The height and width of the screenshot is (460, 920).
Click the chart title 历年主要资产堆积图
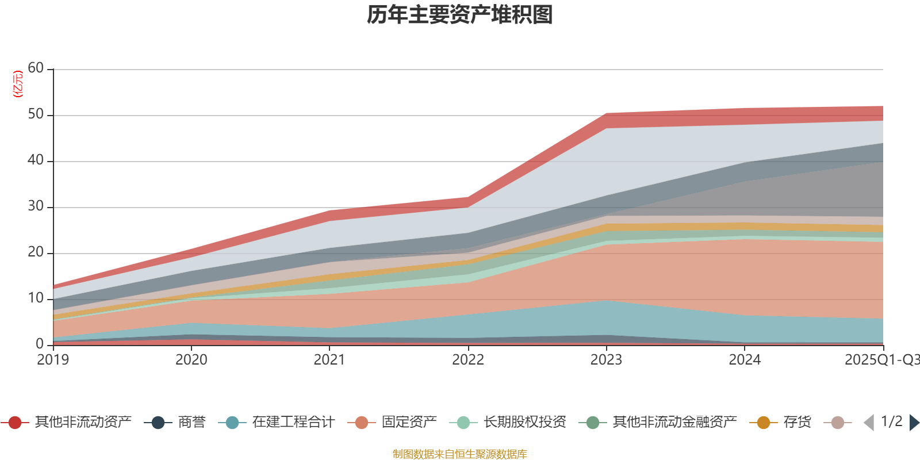pos(460,15)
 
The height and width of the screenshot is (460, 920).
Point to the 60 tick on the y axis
pos(36,68)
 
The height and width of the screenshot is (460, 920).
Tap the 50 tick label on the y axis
pos(36,114)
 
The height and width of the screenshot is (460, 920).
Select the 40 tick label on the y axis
pos(36,160)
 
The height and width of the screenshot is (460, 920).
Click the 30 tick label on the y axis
pos(36,206)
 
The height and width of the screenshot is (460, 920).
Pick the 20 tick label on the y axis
pos(36,252)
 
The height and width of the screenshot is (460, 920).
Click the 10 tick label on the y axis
pos(36,298)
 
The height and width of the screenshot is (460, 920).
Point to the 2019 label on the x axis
pos(53,360)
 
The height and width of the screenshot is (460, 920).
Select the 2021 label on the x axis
pos(329,360)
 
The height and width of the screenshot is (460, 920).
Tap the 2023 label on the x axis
pos(606,360)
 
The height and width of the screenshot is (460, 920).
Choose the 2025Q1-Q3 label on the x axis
pos(881,360)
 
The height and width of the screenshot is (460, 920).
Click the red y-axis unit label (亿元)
pos(18,84)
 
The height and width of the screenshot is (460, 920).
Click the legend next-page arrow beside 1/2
pos(914,423)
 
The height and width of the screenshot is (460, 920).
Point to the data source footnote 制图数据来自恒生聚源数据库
pos(460,454)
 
